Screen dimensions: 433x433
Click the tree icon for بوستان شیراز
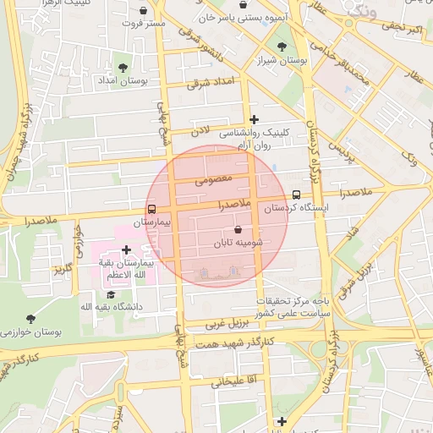[x=282, y=47]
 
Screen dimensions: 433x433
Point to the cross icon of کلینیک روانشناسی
[x=254, y=119]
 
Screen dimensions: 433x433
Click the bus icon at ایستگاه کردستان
[x=296, y=194]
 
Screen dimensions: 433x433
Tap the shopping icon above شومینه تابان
[x=237, y=229]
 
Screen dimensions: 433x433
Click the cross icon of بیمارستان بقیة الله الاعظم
[x=127, y=249]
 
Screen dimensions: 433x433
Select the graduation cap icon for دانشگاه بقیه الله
[x=111, y=293]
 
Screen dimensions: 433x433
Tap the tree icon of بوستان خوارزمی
[x=31, y=319]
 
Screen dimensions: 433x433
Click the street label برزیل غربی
[x=228, y=324]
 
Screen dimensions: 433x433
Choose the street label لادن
[x=200, y=131]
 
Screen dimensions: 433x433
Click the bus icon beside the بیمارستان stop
[x=151, y=208]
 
